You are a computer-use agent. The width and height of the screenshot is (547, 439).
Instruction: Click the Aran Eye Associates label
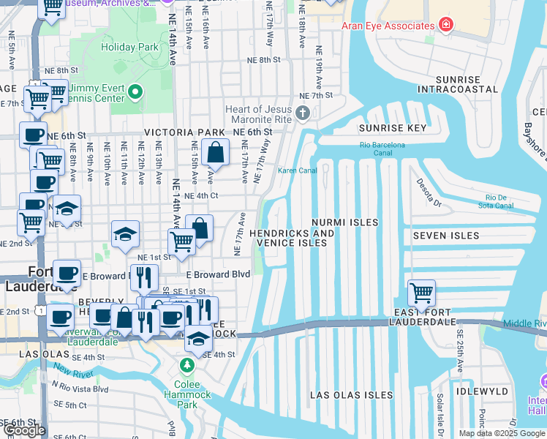tap(388, 26)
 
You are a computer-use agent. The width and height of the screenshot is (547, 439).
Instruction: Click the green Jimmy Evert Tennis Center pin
tap(134, 92)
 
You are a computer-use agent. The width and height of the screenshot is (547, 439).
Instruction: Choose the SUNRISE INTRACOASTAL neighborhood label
tap(457, 84)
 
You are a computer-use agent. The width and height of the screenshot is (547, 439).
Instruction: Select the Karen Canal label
tap(297, 170)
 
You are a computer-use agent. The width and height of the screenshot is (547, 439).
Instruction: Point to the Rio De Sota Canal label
tap(496, 202)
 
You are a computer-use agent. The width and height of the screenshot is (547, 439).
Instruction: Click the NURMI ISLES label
tap(344, 222)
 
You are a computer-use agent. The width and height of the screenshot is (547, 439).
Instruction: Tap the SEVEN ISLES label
tap(445, 236)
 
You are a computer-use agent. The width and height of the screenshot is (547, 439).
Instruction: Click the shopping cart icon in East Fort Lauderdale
tap(421, 293)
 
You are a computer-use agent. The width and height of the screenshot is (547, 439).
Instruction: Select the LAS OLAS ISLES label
tap(351, 395)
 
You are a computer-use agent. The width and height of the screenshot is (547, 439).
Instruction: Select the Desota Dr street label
tap(428, 192)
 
